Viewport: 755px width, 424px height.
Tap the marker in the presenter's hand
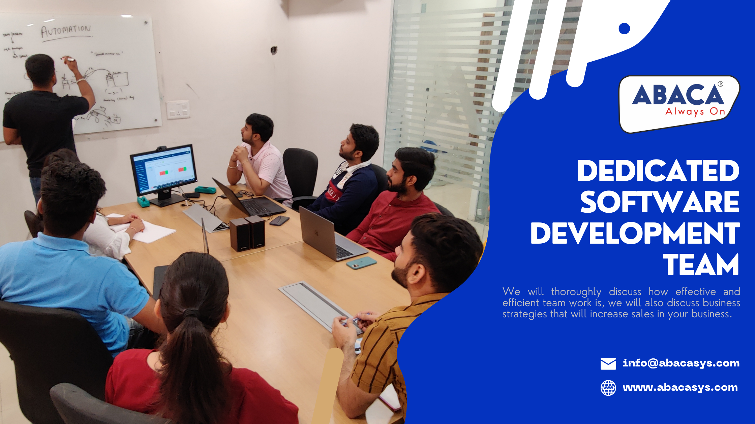tap(70, 60)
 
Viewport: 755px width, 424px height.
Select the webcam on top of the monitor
tap(161, 148)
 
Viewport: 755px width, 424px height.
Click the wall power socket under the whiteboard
tap(178, 110)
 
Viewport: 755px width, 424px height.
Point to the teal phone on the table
tap(361, 263)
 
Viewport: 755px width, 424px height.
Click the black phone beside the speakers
tap(279, 220)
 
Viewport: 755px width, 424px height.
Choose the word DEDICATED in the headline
tap(658, 171)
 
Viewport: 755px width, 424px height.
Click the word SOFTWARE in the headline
tap(659, 202)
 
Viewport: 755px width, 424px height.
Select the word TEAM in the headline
tap(701, 265)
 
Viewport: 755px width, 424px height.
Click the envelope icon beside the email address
tap(608, 364)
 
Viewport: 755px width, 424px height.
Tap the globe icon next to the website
tap(608, 388)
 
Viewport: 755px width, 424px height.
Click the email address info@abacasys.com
tap(681, 363)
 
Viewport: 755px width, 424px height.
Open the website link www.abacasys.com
tap(680, 388)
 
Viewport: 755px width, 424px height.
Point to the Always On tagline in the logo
tap(695, 112)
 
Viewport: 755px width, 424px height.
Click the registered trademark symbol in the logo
tap(720, 84)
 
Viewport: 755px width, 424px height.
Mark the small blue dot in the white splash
tap(624, 29)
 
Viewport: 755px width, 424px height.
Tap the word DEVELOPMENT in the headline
tap(635, 234)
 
